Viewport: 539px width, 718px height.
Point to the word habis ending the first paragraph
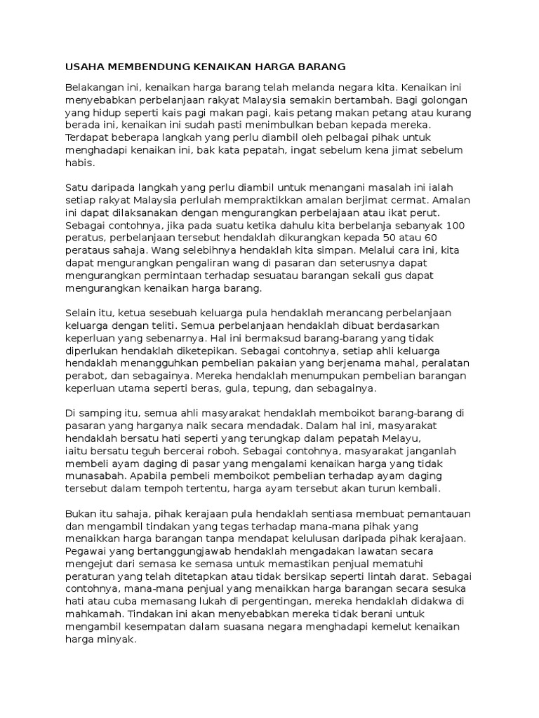click(78, 162)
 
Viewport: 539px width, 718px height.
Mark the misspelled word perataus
click(88, 250)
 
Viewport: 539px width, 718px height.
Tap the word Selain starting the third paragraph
click(80, 312)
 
